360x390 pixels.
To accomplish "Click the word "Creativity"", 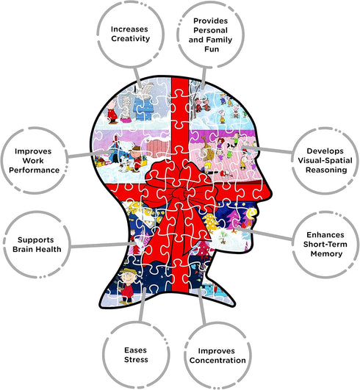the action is tap(130, 38).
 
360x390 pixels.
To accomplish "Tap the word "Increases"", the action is tap(129, 29).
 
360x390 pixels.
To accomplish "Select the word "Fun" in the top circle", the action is tap(212, 49).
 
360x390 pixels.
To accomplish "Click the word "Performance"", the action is tap(34, 170).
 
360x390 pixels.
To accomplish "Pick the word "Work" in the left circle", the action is tap(33, 161).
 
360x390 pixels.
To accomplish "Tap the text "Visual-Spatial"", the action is tap(325, 160).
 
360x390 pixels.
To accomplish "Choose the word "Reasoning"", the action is tap(326, 170).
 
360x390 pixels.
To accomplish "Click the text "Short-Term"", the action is tap(325, 245).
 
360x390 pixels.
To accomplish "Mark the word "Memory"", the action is tap(326, 254).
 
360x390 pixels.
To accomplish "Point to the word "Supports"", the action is tap(35, 240).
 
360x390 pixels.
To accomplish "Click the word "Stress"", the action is tap(136, 360).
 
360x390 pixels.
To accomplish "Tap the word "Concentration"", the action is tap(217, 361).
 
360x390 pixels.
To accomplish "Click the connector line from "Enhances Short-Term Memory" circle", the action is tap(264, 234).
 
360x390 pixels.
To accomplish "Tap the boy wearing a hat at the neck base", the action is tap(127, 286).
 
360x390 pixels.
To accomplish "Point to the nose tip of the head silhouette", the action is tap(272, 192).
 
